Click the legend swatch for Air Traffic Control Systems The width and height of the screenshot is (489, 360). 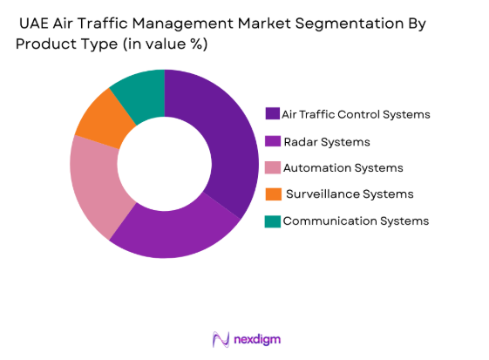click(273, 114)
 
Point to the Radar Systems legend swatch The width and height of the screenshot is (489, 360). click(273, 141)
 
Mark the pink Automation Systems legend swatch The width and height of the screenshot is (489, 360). click(273, 167)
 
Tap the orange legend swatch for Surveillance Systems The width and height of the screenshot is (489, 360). click(273, 194)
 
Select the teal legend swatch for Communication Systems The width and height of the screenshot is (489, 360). click(273, 221)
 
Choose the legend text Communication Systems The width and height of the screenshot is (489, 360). click(356, 221)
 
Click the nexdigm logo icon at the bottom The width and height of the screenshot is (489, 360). click(221, 338)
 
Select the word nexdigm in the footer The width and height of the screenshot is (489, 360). click(257, 338)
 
